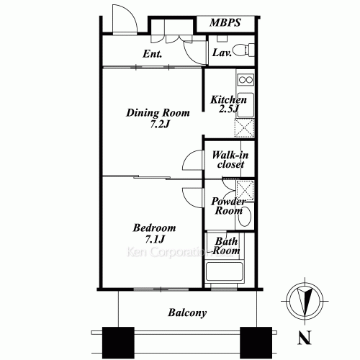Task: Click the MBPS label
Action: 226,23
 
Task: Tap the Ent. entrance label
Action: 151,54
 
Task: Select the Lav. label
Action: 221,53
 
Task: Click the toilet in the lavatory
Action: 245,50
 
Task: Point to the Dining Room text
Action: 158,112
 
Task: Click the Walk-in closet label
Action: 226,159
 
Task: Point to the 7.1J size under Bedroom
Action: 155,239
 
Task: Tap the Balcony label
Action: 187,313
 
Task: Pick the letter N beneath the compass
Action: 305,336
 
